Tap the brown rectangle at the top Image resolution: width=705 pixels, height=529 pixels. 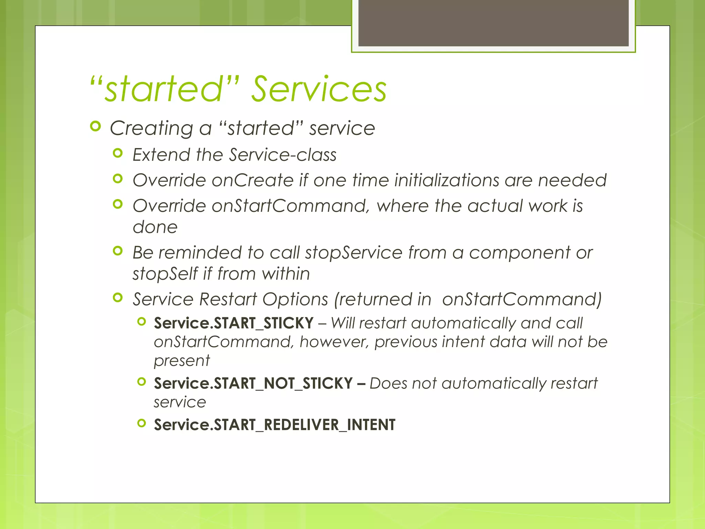pos(493,23)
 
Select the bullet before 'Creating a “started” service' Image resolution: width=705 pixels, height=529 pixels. pos(95,127)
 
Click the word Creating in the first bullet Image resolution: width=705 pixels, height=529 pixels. pos(151,128)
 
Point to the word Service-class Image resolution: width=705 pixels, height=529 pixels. pos(283,155)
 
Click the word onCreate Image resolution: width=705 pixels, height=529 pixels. pos(253,180)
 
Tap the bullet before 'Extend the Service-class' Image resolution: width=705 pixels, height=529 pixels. pos(118,153)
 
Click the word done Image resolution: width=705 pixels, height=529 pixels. pos(155,227)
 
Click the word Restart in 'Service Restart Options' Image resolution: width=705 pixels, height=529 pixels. pos(228,299)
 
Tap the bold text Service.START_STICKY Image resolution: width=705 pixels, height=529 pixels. pos(234,323)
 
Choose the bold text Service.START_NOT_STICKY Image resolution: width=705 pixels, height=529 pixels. pos(253,383)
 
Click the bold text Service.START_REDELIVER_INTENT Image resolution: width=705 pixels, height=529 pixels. pos(274,425)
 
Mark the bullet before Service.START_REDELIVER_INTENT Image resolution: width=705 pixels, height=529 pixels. pos(141,423)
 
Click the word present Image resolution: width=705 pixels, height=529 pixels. pos(182,361)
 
